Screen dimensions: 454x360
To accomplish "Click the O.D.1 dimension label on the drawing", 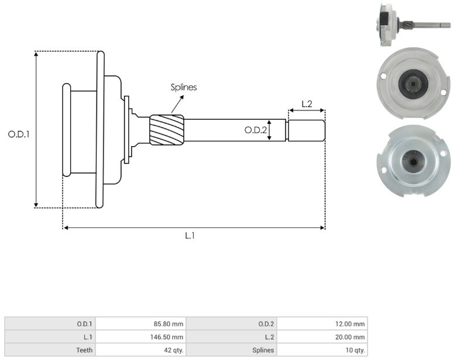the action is (19, 134).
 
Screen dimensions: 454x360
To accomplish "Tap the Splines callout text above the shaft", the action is (184, 87).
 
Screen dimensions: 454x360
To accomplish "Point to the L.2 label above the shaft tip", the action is (307, 104).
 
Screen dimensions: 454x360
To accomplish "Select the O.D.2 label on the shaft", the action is (255, 130).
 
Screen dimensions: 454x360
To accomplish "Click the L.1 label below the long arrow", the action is (190, 236).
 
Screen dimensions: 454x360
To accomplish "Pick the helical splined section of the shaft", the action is (167, 130).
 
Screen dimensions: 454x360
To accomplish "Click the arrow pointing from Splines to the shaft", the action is (177, 105).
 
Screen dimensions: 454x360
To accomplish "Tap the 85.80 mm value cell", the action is (141, 324).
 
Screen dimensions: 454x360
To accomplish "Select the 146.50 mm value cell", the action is (141, 337).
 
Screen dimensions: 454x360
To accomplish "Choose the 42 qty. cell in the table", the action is (141, 350).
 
